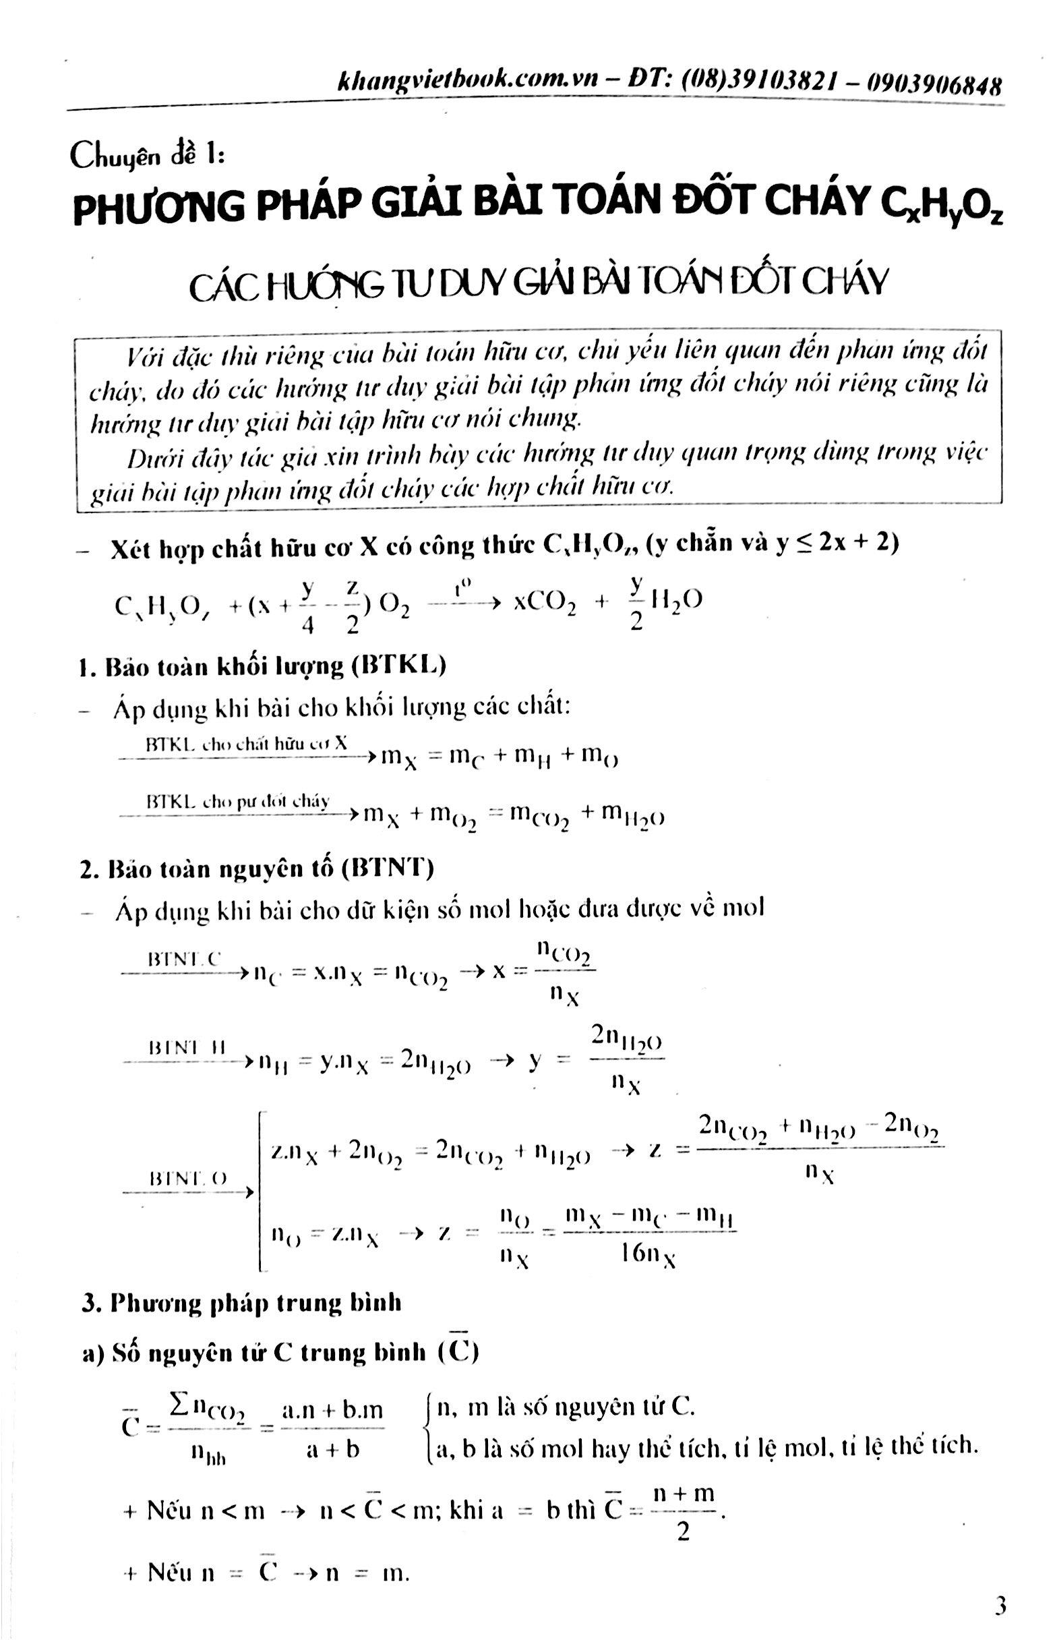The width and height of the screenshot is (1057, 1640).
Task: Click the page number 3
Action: click(999, 1605)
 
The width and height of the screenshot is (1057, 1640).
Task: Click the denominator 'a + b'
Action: click(332, 1451)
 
